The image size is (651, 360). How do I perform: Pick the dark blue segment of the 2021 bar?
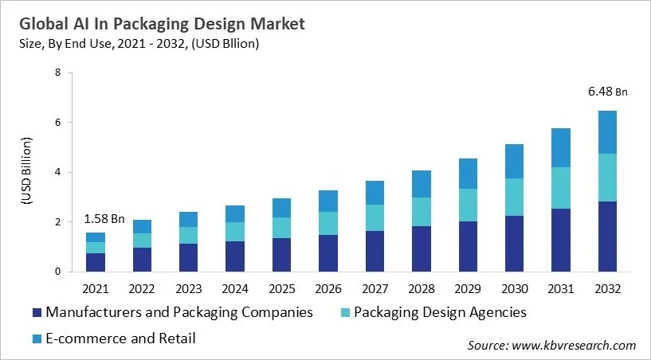click(x=96, y=262)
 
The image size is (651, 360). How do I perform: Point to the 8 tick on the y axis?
click(x=58, y=72)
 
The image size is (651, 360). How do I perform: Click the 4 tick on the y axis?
click(x=58, y=172)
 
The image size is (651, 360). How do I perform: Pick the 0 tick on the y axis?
click(x=58, y=272)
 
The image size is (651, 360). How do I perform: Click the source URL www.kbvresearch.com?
click(x=574, y=345)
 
